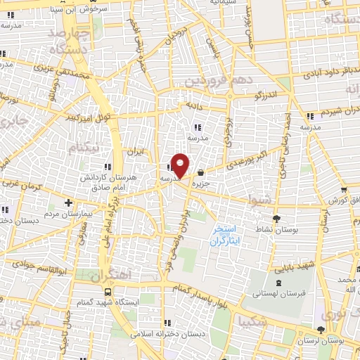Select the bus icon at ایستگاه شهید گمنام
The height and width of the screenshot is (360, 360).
[x=108, y=291]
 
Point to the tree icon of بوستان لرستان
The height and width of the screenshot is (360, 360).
[x=321, y=329]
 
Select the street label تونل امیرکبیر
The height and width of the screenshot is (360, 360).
[x=86, y=117]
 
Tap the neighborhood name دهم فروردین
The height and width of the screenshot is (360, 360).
[x=217, y=81]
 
